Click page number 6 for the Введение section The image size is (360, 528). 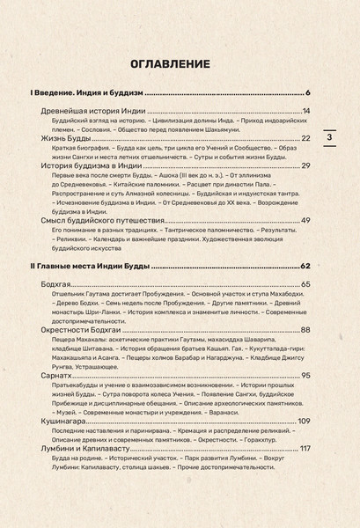coord(308,93)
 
